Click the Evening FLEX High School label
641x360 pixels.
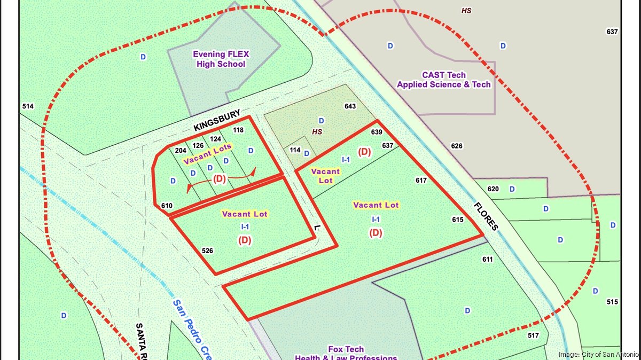click(221, 59)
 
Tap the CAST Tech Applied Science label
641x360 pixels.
click(443, 80)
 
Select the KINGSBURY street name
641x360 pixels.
click(217, 121)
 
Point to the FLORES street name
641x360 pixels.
click(486, 216)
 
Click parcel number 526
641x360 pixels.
click(208, 250)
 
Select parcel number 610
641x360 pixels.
click(167, 206)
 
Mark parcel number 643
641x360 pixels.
click(350, 106)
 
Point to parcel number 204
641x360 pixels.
click(181, 151)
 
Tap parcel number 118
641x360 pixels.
click(238, 130)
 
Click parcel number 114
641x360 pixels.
click(295, 150)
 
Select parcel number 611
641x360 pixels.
click(487, 260)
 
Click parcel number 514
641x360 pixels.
click(28, 106)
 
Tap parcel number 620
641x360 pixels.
click(493, 189)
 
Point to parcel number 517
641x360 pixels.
click(533, 335)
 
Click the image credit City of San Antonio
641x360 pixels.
click(598, 354)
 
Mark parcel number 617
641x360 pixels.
click(421, 181)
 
